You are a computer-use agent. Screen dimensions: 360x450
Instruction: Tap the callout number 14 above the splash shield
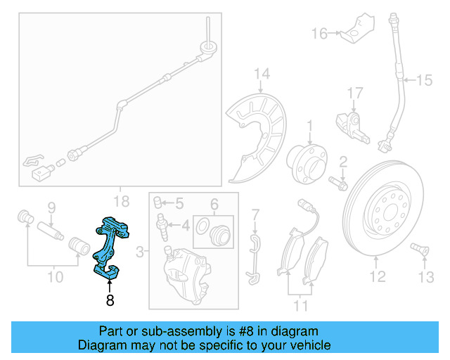coord(262,73)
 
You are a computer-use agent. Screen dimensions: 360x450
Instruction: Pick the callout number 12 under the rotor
coord(378,277)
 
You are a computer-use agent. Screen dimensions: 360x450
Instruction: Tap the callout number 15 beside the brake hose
coord(423,81)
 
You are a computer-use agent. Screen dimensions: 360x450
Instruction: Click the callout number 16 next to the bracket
coord(320,33)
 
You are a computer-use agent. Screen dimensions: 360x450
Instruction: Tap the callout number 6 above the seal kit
coord(214,204)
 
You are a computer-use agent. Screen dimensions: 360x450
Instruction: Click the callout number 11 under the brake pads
coord(302,305)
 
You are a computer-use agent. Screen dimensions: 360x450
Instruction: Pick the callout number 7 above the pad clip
coord(255,213)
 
